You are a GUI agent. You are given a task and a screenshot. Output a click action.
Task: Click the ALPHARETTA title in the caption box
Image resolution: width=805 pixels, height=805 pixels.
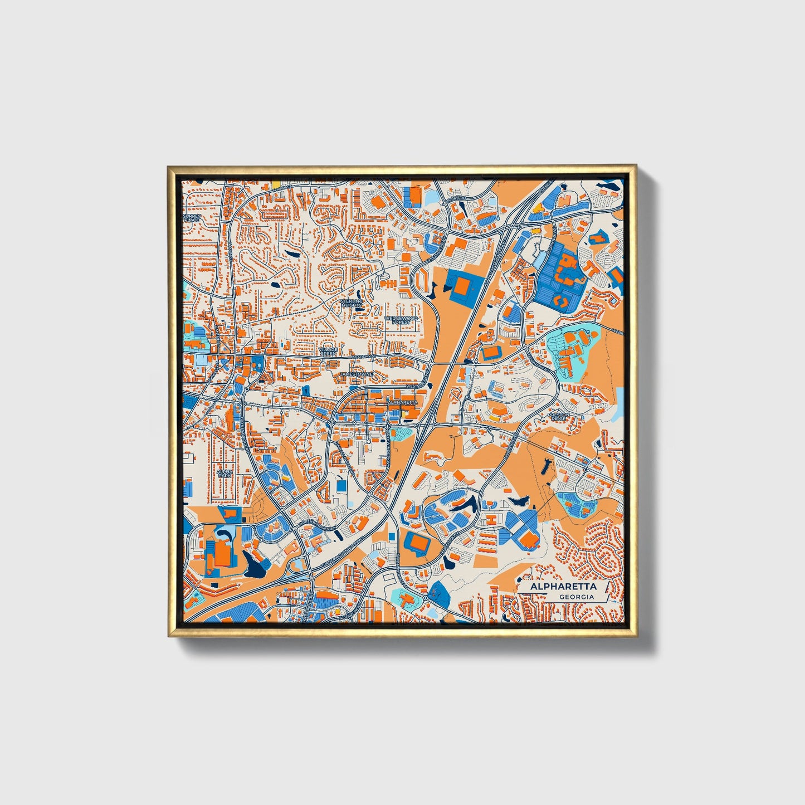(x=563, y=587)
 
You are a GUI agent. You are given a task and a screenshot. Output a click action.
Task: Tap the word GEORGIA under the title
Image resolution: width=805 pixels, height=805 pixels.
(x=576, y=597)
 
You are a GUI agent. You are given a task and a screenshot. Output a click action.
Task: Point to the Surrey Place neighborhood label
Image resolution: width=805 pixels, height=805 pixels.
(x=191, y=218)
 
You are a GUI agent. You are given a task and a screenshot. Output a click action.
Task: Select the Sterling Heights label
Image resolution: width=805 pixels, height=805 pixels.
(x=352, y=303)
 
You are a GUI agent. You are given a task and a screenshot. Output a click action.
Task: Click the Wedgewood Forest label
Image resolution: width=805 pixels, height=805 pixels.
(x=401, y=320)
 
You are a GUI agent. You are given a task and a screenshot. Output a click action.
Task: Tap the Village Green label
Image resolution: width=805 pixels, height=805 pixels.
(x=328, y=352)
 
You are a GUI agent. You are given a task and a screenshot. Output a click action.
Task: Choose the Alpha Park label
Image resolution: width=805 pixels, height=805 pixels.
(x=224, y=473)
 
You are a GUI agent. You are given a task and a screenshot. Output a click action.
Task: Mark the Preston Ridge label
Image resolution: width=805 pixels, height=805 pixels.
(x=557, y=416)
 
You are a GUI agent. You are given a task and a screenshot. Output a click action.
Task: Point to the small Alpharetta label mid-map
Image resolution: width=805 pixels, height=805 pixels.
(x=402, y=402)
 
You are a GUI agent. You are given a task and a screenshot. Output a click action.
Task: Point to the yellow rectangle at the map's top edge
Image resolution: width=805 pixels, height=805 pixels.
(x=275, y=182)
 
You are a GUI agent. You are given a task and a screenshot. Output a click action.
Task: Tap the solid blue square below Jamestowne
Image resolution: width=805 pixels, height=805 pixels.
(x=341, y=486)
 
